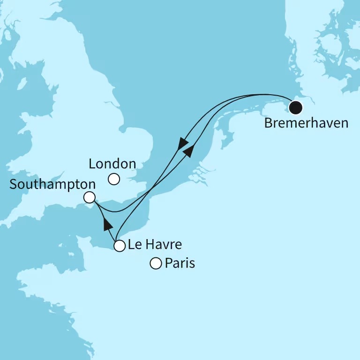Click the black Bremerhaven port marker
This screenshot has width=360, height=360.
[295, 108]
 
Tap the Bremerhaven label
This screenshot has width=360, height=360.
[307, 123]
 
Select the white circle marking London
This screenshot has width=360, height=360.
[113, 179]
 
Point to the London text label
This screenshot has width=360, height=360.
[112, 164]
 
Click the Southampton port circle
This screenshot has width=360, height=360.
[89, 197]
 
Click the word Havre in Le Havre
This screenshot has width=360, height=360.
[165, 245]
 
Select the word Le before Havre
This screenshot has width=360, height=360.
[135, 245]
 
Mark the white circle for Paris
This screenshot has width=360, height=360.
[155, 264]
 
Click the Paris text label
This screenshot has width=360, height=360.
[180, 263]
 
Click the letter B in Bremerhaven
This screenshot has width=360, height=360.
[269, 123]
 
